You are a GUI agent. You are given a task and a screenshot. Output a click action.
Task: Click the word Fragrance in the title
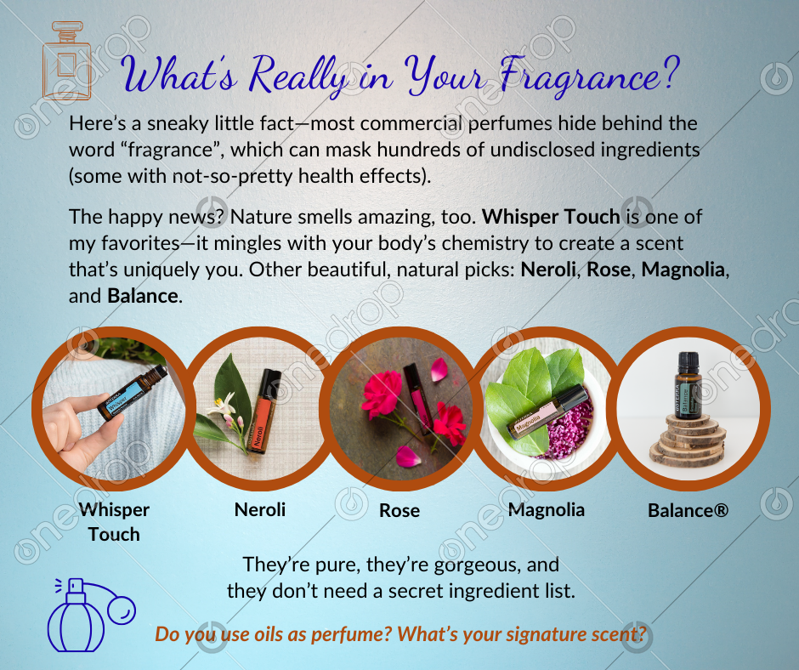click(x=589, y=77)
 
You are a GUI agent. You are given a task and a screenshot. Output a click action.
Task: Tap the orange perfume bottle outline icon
click(x=67, y=60)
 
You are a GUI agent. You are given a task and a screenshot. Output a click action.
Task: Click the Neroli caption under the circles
click(x=260, y=509)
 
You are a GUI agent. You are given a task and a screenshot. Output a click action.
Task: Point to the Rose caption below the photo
click(x=399, y=510)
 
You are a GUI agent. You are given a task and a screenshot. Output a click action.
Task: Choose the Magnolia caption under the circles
click(x=547, y=509)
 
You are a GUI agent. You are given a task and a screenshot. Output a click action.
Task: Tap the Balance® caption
click(x=688, y=510)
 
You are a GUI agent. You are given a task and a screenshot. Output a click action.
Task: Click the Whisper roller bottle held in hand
click(x=133, y=392)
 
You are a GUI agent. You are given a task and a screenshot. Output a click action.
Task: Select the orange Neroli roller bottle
click(x=263, y=411)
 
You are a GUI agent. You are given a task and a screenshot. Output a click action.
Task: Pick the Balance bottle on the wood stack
click(x=688, y=385)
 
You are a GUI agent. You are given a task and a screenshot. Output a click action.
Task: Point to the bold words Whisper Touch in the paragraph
click(x=551, y=217)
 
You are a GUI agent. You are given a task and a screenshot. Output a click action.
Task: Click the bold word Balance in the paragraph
click(x=143, y=296)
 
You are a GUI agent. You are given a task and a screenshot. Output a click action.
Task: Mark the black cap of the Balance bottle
click(x=688, y=362)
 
